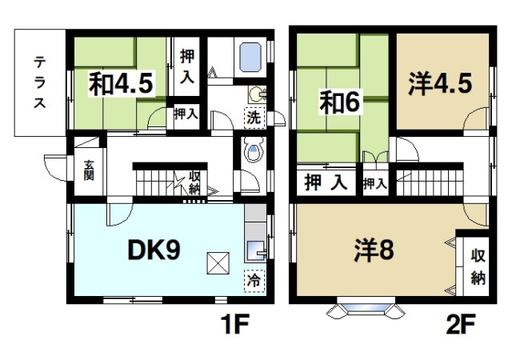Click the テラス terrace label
(37, 82)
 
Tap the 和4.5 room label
(121, 84)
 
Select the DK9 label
(154, 251)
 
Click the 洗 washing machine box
(253, 116)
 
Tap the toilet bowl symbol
(254, 153)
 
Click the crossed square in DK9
(218, 262)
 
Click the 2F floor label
(462, 326)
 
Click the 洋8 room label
(374, 251)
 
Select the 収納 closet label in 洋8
(478, 266)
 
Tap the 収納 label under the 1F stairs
(195, 182)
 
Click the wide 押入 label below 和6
(325, 182)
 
